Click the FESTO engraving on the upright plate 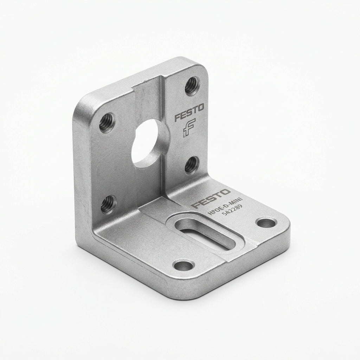click(189, 113)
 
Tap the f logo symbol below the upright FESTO click(189, 128)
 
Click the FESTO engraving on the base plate click(211, 198)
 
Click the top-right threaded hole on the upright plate click(192, 86)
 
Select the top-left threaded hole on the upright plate click(107, 122)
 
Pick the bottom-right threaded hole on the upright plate click(192, 165)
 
